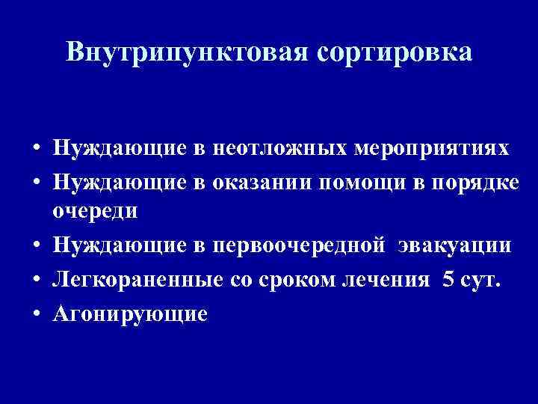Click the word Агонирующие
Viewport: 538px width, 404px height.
click(x=129, y=313)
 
